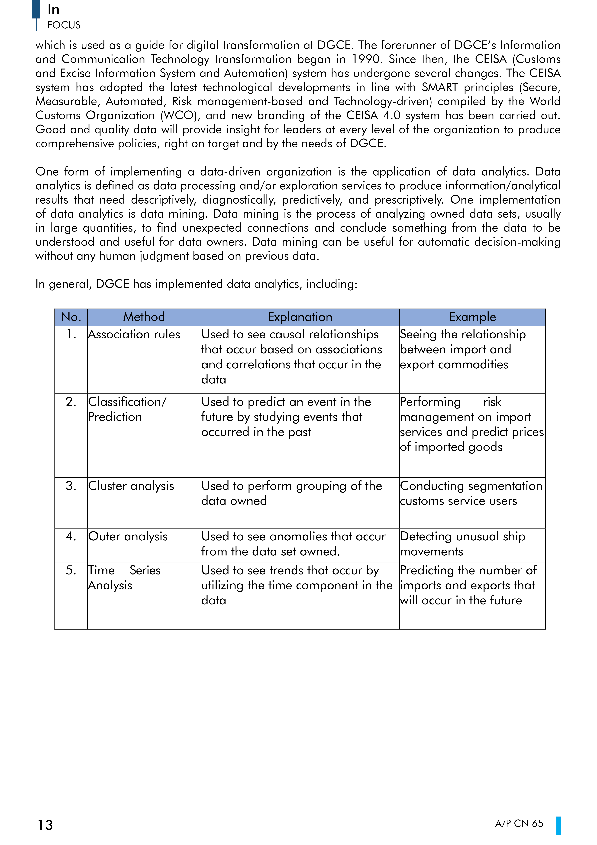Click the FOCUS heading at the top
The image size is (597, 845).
coord(64,25)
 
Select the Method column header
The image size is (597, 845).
coord(144,317)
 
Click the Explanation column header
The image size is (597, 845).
coord(300,317)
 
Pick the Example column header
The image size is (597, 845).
coord(472,317)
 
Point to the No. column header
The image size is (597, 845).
coord(71,317)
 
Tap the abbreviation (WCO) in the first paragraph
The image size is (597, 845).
coord(180,116)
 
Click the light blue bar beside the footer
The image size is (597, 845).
coord(558,825)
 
